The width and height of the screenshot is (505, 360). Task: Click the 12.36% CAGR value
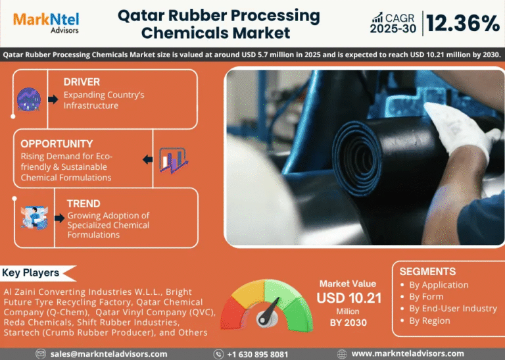[462, 24]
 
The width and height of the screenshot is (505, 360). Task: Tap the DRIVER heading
[82, 82]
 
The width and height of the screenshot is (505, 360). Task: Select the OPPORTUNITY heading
[57, 143]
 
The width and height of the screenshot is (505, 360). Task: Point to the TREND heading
[84, 203]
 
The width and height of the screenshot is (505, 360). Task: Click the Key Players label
[31, 272]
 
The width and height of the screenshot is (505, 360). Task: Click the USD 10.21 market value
[349, 298]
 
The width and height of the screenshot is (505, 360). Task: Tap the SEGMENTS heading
[427, 271]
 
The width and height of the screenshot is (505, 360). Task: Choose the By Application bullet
[439, 285]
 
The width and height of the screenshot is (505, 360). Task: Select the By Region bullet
[429, 321]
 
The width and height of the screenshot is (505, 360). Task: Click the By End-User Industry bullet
[452, 309]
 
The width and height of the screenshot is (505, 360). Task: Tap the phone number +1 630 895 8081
[257, 354]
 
